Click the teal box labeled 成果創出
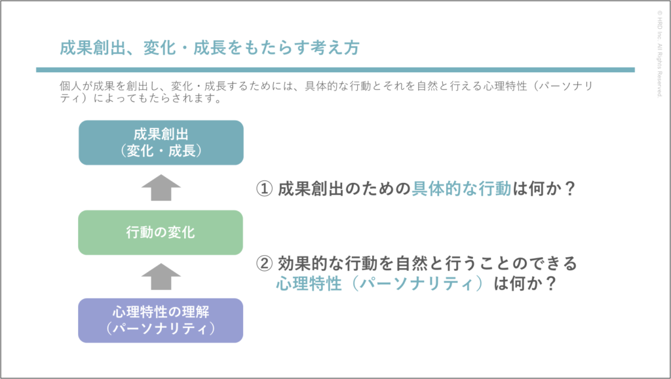pyautogui.click(x=161, y=142)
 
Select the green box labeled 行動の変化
pyautogui.click(x=161, y=233)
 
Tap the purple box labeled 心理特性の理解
pyautogui.click(x=161, y=321)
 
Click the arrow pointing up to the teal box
pyautogui.click(x=161, y=188)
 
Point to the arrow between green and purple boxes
pyautogui.click(x=161, y=277)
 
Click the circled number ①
pyautogui.click(x=264, y=188)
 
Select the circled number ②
pyautogui.click(x=264, y=263)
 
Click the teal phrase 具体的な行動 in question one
pyautogui.click(x=461, y=188)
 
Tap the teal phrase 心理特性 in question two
pyautogui.click(x=309, y=283)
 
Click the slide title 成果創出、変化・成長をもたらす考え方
pyautogui.click(x=210, y=47)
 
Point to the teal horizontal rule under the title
pyautogui.click(x=335, y=70)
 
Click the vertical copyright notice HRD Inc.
pyautogui.click(x=659, y=54)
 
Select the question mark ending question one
pyautogui.click(x=569, y=188)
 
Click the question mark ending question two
pyautogui.click(x=550, y=283)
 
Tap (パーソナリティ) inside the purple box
pyautogui.click(x=161, y=329)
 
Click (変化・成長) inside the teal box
pyautogui.click(x=161, y=151)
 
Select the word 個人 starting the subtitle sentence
pyautogui.click(x=71, y=86)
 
